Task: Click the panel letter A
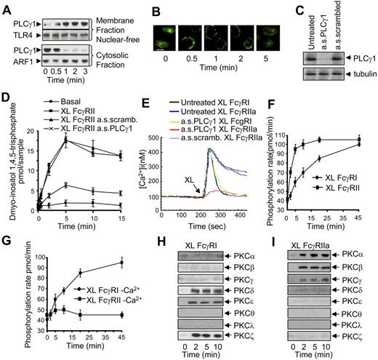click(x=7, y=7)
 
